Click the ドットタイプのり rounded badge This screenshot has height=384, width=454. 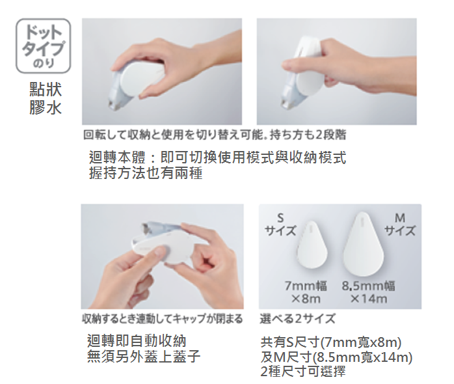43,46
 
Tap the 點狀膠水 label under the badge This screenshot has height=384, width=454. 46,98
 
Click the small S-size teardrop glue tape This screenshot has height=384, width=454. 312,245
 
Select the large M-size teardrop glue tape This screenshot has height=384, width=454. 363,244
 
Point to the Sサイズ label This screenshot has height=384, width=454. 280,225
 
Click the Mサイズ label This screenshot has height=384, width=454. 400,225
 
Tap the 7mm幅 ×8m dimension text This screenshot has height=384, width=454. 306,292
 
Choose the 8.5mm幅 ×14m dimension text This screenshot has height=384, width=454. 368,292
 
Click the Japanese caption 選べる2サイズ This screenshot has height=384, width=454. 298,318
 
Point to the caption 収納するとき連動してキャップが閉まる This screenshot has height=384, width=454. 163,319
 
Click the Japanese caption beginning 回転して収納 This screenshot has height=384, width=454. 215,135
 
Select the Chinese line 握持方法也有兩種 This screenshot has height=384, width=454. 146,173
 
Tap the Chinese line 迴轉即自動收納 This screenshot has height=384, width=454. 137,340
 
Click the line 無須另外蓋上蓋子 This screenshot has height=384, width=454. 144,356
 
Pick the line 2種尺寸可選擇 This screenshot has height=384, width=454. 303,371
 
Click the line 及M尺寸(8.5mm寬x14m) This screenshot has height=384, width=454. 336,357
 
